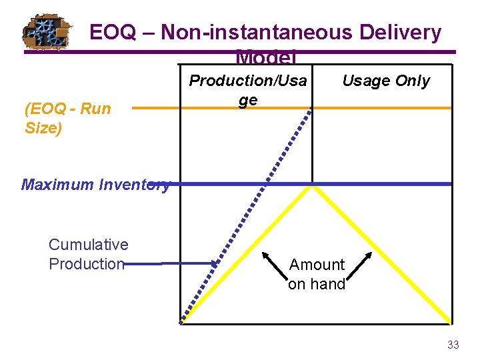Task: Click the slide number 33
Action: click(x=453, y=345)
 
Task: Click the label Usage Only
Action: click(x=385, y=81)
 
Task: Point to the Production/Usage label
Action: click(x=248, y=90)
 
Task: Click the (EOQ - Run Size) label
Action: click(x=67, y=118)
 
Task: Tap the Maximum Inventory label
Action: click(x=95, y=185)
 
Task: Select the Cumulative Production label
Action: click(x=88, y=254)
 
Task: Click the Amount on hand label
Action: click(x=317, y=274)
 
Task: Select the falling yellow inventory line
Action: click(x=380, y=253)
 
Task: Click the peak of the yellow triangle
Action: click(x=312, y=188)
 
